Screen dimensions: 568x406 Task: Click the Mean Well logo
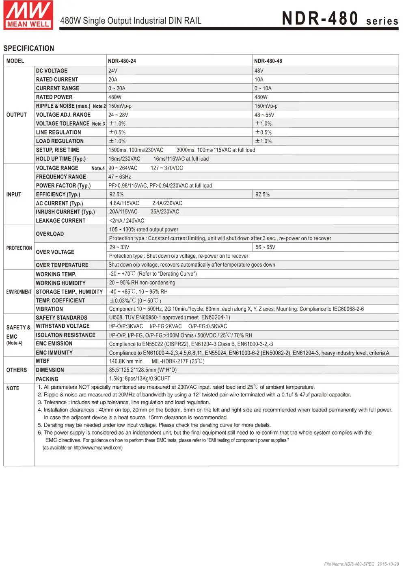coord(28,15)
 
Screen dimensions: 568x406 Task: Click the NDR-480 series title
coord(340,19)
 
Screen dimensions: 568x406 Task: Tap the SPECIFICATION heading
coord(29,48)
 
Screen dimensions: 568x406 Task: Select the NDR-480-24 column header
coord(122,61)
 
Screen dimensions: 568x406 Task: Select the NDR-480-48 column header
coord(268,61)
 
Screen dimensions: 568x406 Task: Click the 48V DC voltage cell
coord(259,71)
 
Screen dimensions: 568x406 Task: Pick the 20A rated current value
coord(113,80)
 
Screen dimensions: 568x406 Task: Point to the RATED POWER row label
coord(54,97)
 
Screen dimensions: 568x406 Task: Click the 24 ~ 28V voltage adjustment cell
coord(118,115)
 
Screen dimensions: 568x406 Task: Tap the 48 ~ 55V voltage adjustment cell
coord(264,115)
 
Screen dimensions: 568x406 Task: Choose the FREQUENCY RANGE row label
coord(61,177)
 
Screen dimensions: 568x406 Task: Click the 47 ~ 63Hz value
coord(120,177)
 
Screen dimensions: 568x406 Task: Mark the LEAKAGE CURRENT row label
coord(60,221)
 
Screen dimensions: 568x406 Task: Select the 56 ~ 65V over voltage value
coord(266,247)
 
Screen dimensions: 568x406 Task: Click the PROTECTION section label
coord(19,248)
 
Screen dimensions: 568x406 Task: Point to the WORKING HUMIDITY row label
coord(60,283)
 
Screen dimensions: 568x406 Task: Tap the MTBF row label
coord(43,361)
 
